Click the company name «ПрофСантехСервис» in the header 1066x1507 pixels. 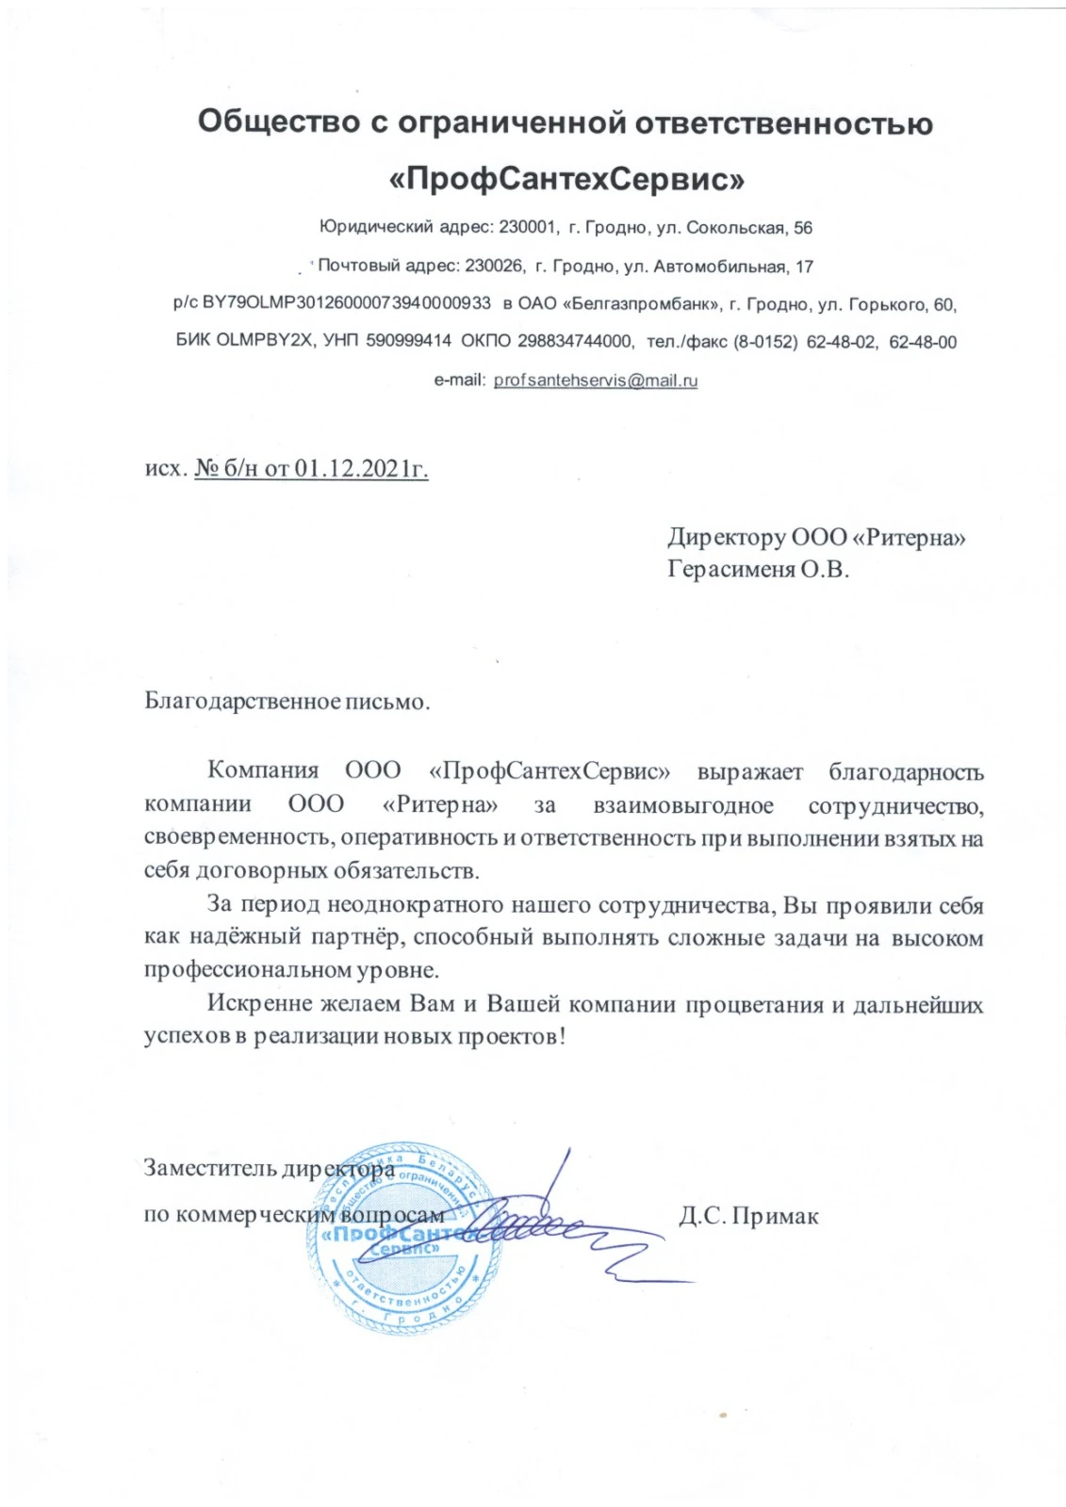[566, 177]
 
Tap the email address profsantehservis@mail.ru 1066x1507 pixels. [595, 381]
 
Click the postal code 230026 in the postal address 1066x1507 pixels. [494, 267]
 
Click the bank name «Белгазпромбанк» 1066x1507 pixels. [641, 303]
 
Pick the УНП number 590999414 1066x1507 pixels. [408, 341]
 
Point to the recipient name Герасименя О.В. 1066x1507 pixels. [758, 569]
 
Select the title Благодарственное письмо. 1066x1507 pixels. [287, 702]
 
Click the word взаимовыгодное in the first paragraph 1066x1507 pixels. [683, 805]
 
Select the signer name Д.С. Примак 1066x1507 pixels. [748, 1216]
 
